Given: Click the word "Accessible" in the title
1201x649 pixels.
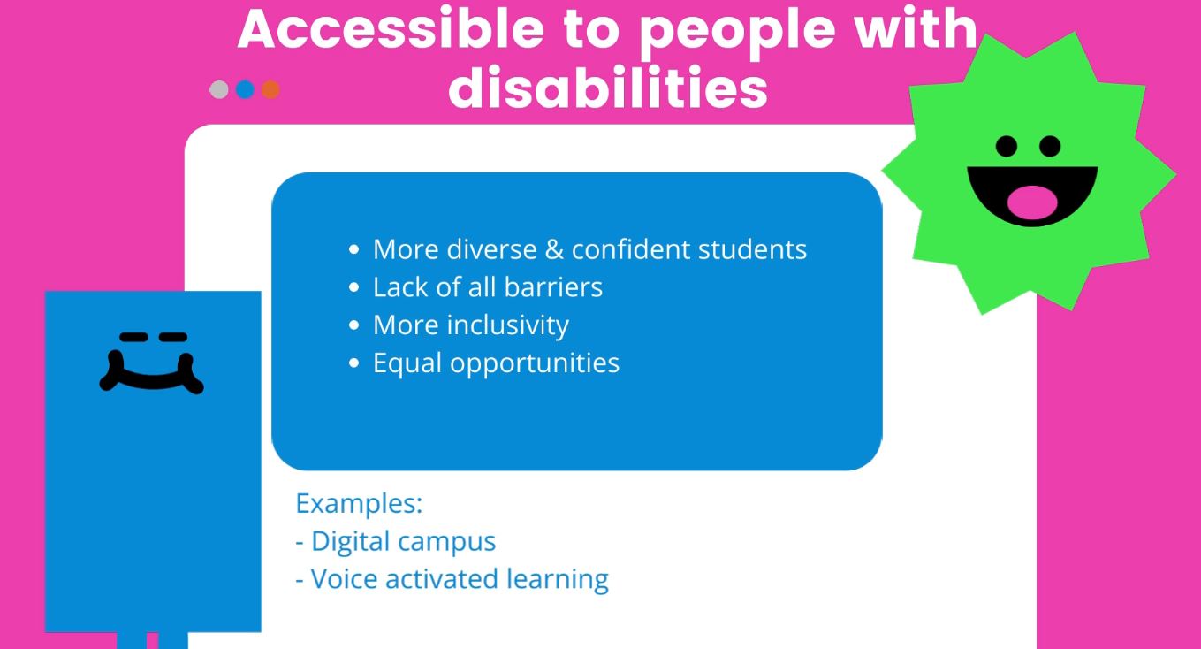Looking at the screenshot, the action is point(391,29).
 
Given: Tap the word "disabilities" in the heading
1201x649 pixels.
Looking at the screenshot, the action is point(608,88).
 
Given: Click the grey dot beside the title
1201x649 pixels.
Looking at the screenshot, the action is point(219,89).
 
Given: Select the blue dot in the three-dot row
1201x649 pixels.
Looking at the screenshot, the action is point(245,89).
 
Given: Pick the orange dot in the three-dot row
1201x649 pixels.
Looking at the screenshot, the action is point(270,89).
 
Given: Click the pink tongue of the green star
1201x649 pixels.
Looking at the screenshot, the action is point(1032,202).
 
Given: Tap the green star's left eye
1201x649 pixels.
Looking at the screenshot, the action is point(1007,146).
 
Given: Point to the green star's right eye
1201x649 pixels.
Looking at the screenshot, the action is point(1050,146).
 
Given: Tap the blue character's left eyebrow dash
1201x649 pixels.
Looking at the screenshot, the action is point(133,338).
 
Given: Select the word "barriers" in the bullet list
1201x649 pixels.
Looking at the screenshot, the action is point(553,287).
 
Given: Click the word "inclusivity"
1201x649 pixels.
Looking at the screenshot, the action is point(508,325).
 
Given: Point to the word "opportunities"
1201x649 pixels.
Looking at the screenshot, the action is point(535,363).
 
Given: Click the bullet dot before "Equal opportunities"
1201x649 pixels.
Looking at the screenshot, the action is point(353,363).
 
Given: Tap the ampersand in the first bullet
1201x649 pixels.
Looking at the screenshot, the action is point(554,249).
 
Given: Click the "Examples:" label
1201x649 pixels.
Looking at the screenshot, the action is point(359,504).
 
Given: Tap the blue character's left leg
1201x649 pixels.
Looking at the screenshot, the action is point(132,640).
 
